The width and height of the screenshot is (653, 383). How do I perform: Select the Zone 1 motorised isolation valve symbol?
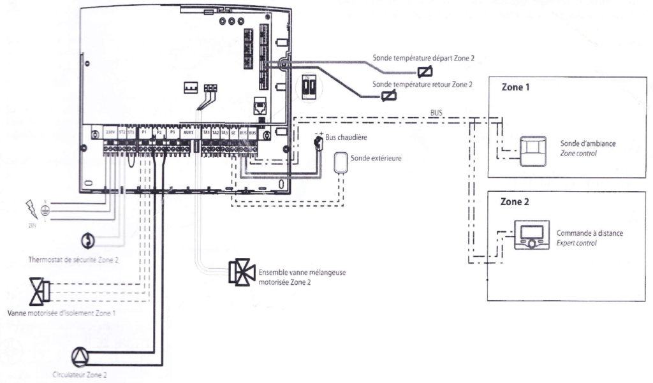coord(40,292)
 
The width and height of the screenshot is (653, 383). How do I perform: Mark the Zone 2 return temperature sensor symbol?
coord(386,98)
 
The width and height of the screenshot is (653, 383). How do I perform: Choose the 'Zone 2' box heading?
coord(515,201)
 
